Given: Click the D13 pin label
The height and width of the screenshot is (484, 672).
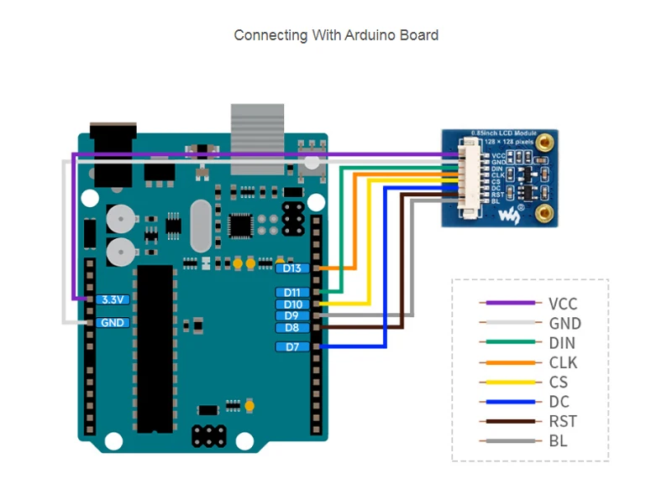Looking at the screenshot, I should (x=292, y=268).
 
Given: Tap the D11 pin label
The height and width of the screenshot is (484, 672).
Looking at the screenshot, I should (x=292, y=292).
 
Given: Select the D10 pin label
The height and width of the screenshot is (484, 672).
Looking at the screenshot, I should (x=292, y=304).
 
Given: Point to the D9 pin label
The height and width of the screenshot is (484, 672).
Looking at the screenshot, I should (x=292, y=315).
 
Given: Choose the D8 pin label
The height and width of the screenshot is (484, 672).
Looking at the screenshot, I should (x=292, y=327).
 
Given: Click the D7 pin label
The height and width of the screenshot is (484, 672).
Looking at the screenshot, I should (x=292, y=346).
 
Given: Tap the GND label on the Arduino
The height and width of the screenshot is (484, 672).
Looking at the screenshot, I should (x=112, y=322).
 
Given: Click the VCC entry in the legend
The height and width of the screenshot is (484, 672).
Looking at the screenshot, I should (x=563, y=304).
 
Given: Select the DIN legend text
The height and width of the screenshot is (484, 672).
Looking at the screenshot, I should (x=561, y=343).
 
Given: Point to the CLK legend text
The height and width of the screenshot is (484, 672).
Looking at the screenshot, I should (x=562, y=362).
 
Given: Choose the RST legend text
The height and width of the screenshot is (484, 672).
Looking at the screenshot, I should (x=562, y=421).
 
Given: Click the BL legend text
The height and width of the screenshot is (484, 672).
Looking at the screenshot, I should (x=557, y=440).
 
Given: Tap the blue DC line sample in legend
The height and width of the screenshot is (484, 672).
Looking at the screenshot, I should (x=507, y=402).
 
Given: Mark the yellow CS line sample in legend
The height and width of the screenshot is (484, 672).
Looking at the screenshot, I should (x=507, y=383).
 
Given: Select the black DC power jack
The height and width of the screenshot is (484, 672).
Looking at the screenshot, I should (x=112, y=155).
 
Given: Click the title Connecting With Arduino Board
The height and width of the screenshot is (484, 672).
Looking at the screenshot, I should (x=336, y=35).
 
